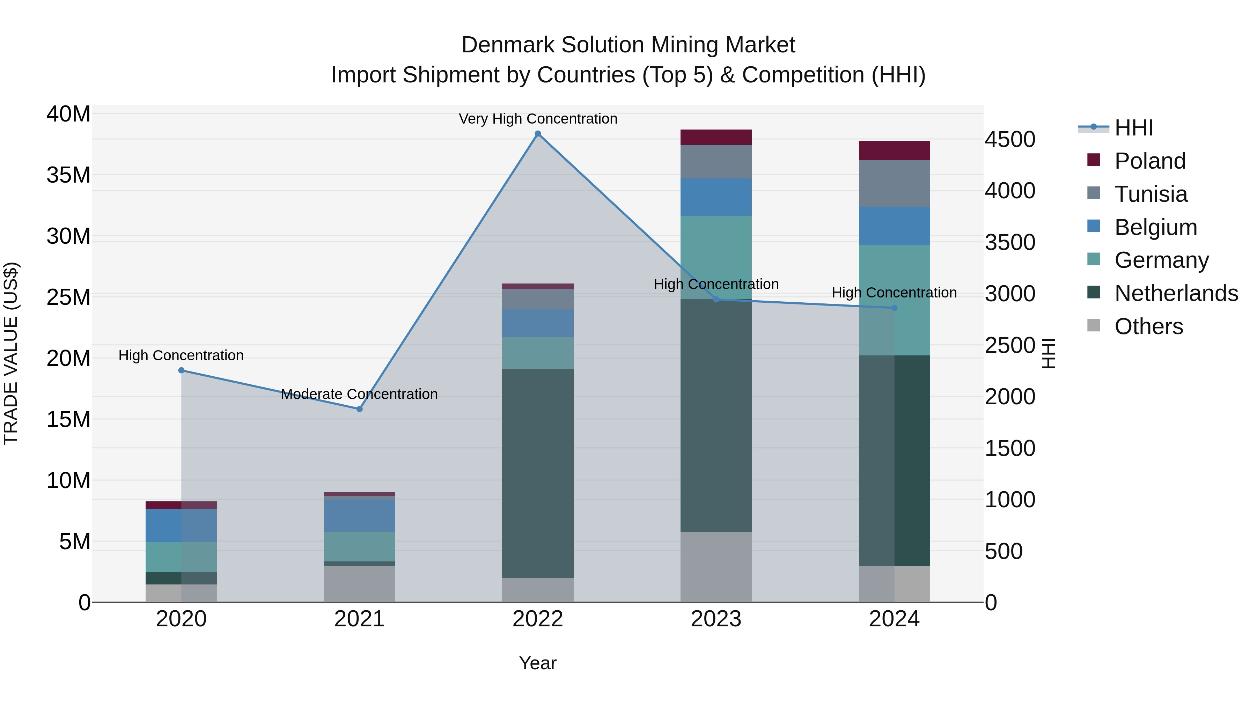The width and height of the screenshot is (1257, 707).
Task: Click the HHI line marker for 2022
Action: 538,134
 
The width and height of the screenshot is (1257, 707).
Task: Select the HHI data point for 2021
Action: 360,409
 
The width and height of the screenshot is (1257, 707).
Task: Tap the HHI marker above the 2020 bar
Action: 182,370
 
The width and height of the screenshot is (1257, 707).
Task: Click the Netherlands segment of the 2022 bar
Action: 538,473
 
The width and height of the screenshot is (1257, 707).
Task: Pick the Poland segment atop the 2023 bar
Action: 716,137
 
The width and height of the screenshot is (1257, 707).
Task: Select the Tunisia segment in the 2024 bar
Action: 894,183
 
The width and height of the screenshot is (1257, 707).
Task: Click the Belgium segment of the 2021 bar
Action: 360,515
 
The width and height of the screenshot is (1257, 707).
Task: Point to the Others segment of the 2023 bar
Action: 716,567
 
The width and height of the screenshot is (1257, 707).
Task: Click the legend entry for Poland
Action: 1150,161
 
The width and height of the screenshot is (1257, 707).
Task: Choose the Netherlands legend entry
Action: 1176,293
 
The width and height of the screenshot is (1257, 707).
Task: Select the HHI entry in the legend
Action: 1133,128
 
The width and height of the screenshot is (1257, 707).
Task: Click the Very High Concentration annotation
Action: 538,119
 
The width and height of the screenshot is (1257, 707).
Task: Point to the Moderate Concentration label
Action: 359,394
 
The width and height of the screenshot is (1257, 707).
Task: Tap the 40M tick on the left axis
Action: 68,114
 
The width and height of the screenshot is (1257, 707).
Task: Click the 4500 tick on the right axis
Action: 1009,140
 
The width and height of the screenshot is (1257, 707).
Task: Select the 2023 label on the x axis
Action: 716,619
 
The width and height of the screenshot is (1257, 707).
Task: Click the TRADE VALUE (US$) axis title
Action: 11,353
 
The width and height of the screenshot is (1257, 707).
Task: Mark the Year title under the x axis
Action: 538,663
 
